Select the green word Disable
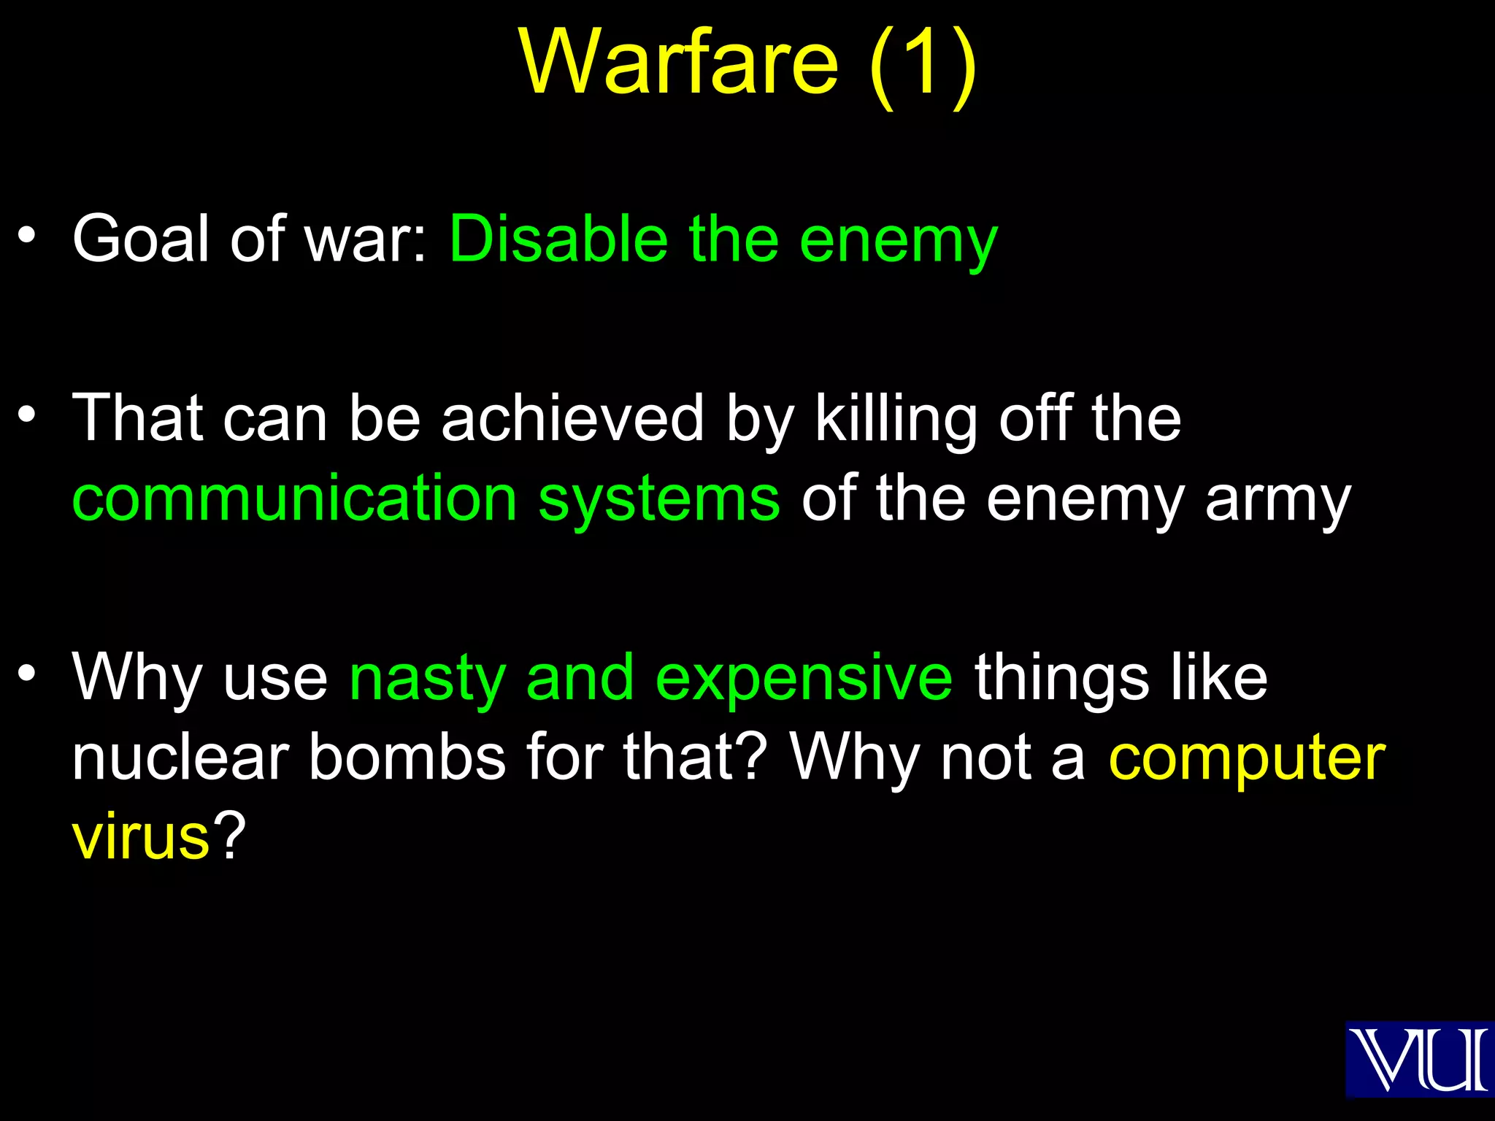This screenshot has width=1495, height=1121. point(558,239)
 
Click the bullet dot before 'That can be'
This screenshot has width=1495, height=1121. point(27,414)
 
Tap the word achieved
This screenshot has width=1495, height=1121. point(572,418)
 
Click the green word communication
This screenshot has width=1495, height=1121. point(295,498)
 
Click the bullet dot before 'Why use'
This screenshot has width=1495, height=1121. point(27,672)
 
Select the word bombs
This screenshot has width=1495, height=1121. point(407,758)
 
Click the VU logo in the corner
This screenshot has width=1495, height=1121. point(1418,1059)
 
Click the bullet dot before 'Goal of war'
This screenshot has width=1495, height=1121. point(27,234)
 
